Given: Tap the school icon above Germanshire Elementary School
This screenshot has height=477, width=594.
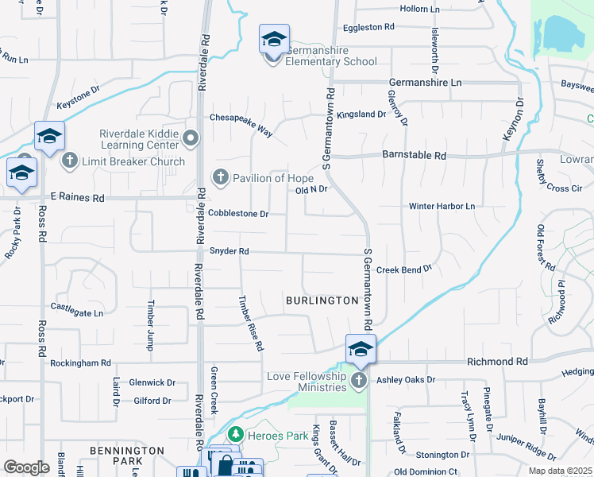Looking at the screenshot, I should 274,39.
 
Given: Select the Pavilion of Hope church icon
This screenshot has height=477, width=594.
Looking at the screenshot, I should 221,176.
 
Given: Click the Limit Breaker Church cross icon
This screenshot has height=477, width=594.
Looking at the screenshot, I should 70,161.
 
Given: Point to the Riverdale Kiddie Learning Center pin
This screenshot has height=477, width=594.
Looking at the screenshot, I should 190,139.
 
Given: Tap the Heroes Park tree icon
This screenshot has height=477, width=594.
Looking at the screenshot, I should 235,435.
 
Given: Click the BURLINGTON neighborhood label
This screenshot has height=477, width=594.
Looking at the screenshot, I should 322,301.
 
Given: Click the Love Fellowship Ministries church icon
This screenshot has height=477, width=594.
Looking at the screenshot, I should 359,380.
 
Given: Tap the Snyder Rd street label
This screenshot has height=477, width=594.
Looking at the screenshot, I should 229,251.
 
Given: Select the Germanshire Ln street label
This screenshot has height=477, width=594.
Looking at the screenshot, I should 425,83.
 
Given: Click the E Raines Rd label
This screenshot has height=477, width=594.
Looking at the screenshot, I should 77,196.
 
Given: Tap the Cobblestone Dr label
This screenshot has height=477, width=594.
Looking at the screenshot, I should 238,214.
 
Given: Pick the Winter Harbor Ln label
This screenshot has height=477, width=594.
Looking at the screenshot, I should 442,207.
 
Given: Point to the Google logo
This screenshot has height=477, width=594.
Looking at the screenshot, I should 26,467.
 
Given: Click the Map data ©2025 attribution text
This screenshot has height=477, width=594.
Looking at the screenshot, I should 561,471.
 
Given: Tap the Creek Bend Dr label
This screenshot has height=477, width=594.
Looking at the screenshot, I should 403,270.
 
